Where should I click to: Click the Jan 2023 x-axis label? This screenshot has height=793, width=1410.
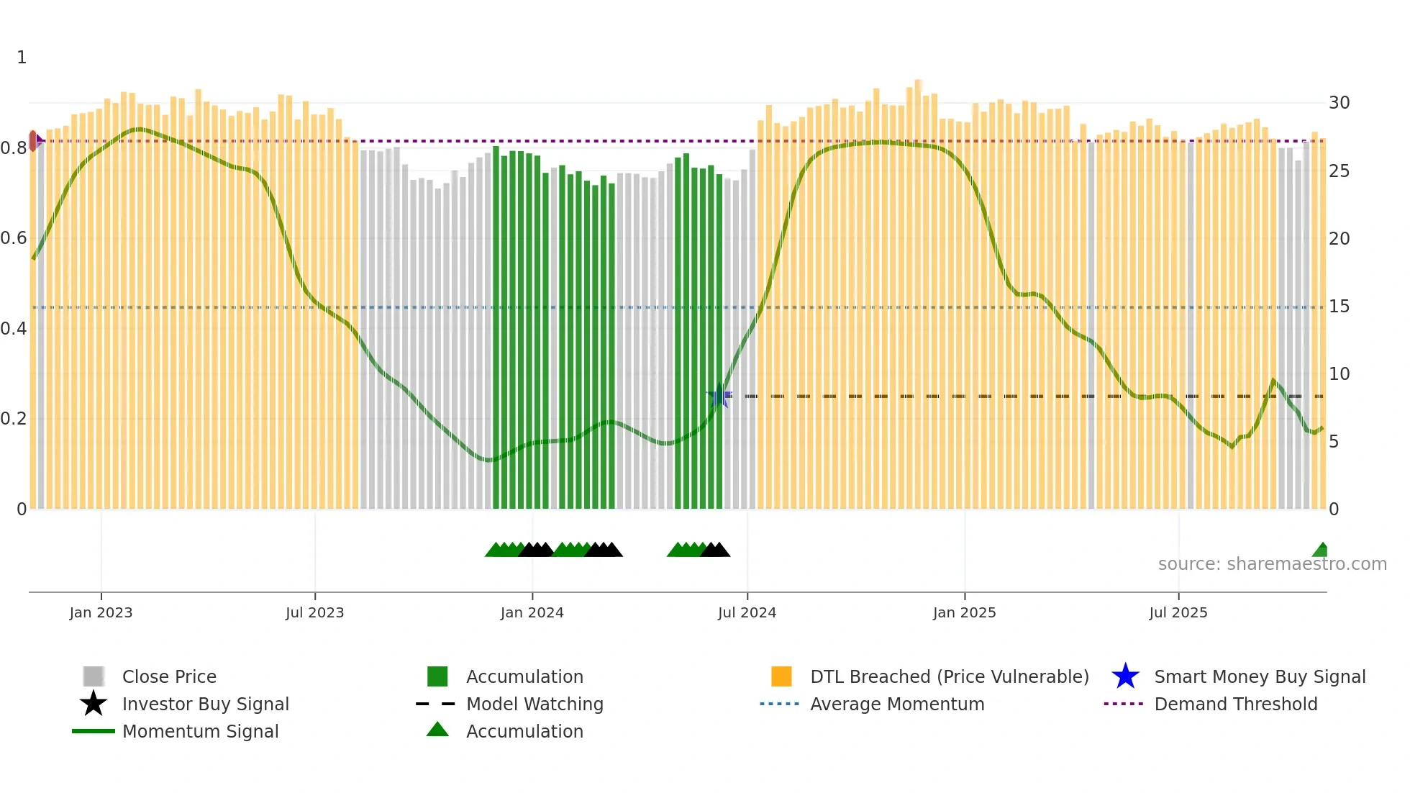(101, 612)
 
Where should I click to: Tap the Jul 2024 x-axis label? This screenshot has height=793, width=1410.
(747, 612)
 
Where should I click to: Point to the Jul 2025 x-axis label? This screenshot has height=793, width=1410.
(1178, 612)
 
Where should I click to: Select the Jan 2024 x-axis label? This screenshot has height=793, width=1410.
(532, 612)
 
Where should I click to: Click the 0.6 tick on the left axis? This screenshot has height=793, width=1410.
(14, 238)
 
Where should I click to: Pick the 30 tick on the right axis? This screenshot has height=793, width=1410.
(1339, 103)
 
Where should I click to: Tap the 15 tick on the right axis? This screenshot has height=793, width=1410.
(1339, 307)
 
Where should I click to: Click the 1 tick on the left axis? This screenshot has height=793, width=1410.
(22, 58)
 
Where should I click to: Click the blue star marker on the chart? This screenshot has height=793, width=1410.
(719, 396)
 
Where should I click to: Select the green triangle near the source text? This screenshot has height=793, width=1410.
(1321, 550)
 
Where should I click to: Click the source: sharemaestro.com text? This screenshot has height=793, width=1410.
(1272, 564)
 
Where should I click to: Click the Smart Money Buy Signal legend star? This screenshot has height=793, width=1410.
(1125, 676)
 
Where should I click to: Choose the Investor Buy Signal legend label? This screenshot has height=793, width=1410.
(205, 704)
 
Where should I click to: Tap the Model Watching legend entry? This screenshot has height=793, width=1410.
(534, 704)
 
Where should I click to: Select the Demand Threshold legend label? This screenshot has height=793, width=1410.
(1235, 704)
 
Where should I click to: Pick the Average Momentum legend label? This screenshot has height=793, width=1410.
(896, 704)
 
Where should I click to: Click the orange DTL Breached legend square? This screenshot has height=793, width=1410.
(781, 676)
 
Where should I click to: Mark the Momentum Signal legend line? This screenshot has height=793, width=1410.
(94, 731)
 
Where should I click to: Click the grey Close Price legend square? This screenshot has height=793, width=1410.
(94, 676)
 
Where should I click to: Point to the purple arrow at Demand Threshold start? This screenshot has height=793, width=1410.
(40, 140)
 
